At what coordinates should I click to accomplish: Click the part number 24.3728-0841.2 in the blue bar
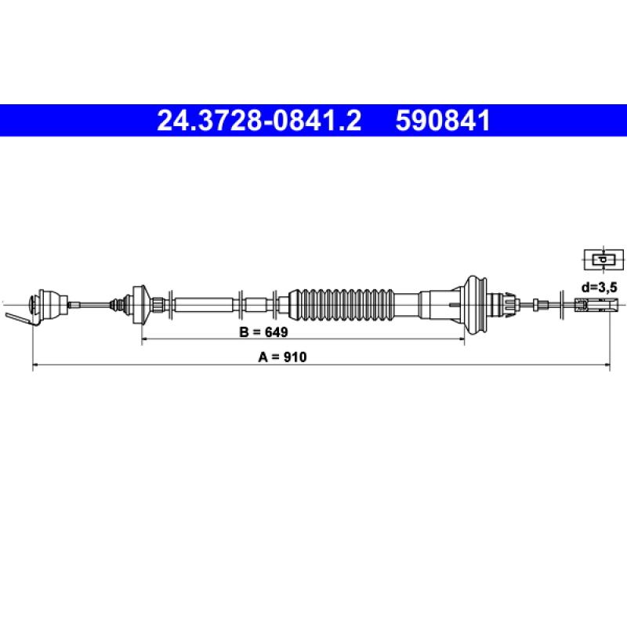[x=259, y=121]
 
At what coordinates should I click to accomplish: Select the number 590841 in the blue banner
[x=443, y=121]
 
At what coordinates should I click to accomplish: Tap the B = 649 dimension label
[x=263, y=332]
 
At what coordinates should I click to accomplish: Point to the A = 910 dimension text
[x=282, y=357]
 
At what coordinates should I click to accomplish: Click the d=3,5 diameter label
[x=599, y=287]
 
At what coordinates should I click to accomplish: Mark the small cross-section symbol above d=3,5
[x=603, y=259]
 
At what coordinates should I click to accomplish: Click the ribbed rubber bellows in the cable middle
[x=341, y=304]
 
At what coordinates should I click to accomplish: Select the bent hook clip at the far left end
[x=20, y=318]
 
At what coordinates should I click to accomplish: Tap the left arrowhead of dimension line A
[x=35, y=364]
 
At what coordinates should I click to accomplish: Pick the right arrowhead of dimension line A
[x=607, y=364]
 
